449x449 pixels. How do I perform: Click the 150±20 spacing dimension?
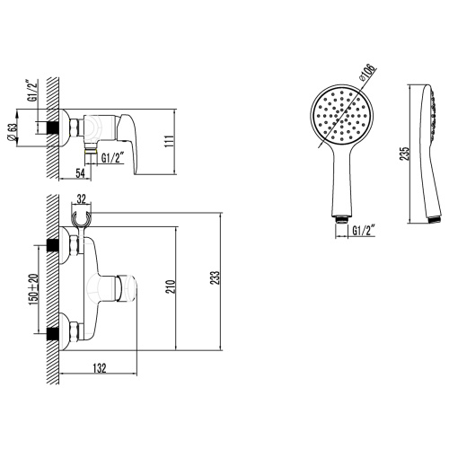pos(34,287)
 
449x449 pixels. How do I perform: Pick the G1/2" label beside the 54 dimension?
pos(112,159)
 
